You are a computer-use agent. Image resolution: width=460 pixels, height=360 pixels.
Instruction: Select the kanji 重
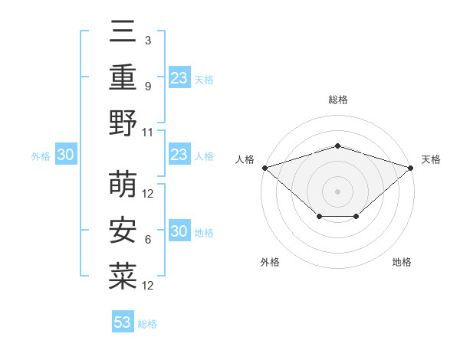tap(123, 77)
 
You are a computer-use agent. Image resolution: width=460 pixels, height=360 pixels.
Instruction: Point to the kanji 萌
tap(123, 185)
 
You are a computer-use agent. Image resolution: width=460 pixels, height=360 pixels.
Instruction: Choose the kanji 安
tap(123, 231)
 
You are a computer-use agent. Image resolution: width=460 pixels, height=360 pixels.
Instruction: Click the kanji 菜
tap(123, 276)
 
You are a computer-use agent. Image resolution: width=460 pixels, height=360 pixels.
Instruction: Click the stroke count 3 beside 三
tap(147, 41)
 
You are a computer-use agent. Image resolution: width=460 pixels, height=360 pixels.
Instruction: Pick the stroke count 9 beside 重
tap(147, 86)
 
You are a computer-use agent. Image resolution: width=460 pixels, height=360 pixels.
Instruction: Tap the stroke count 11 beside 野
tap(148, 131)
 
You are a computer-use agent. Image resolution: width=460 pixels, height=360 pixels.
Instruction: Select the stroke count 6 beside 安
tap(147, 239)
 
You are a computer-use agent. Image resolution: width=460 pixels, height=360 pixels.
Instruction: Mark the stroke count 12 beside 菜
tap(148, 285)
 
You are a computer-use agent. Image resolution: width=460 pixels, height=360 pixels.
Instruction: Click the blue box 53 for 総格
tap(122, 322)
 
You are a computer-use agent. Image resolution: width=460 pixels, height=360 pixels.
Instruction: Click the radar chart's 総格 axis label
tap(337, 100)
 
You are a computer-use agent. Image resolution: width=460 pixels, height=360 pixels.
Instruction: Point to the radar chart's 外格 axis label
tap(270, 262)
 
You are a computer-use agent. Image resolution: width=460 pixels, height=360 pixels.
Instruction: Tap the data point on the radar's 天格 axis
tap(411, 167)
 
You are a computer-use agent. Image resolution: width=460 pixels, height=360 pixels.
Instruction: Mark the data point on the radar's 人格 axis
tap(264, 167)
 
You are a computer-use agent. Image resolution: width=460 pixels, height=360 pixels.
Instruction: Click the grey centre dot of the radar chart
tap(337, 191)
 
